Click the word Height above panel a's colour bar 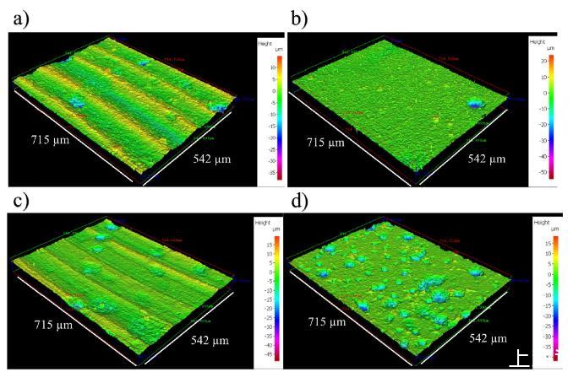pos(265,40)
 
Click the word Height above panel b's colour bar pos(538,40)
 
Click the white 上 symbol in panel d pos(520,359)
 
